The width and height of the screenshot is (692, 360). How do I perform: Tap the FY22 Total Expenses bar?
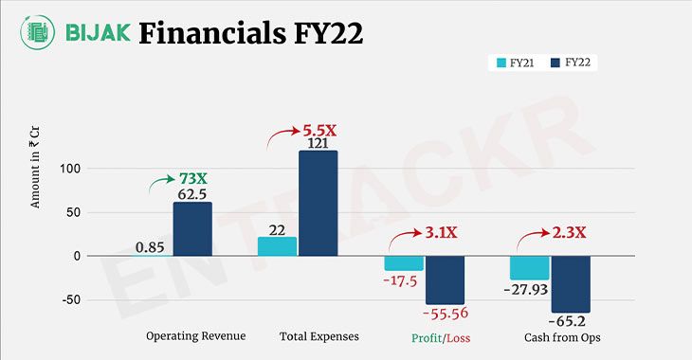click(x=318, y=203)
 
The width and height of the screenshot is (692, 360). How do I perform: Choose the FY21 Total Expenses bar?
click(x=277, y=246)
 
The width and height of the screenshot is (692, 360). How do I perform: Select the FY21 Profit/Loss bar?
click(x=404, y=263)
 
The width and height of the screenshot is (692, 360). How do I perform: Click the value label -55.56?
click(x=446, y=314)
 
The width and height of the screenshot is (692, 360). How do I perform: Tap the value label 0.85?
click(x=151, y=247)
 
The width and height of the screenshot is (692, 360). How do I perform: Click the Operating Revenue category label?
click(x=196, y=337)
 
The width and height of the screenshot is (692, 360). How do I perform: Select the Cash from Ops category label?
click(x=561, y=337)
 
